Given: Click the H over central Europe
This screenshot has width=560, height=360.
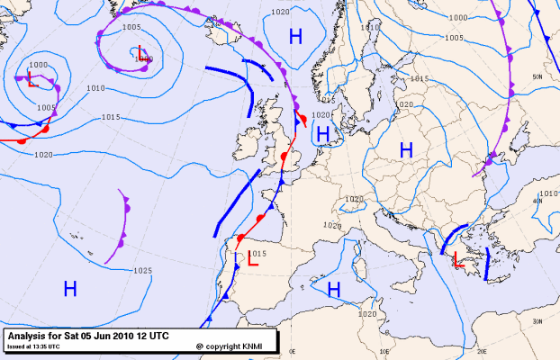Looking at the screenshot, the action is pyautogui.click(x=405, y=150).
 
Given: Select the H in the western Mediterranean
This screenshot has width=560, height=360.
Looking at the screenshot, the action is pyautogui.click(x=334, y=289).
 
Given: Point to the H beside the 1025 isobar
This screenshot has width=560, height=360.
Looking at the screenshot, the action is pyautogui.click(x=70, y=288).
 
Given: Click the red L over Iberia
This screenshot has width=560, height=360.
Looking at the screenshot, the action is pyautogui.click(x=253, y=261).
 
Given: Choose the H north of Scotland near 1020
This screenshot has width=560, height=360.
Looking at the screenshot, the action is pyautogui.click(x=295, y=36).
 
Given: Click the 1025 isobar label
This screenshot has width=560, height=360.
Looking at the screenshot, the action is pyautogui.click(x=141, y=270).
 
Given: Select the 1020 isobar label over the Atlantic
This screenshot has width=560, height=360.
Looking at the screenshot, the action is pyautogui.click(x=43, y=155).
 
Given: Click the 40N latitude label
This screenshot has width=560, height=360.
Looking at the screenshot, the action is pyautogui.click(x=538, y=201).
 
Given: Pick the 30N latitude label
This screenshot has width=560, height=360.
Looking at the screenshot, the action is pyautogui.click(x=537, y=321).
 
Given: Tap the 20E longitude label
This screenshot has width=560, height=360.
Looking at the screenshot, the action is pyautogui.click(x=482, y=352).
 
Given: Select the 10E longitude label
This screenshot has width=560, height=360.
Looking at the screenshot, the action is pyautogui.click(x=384, y=352).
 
